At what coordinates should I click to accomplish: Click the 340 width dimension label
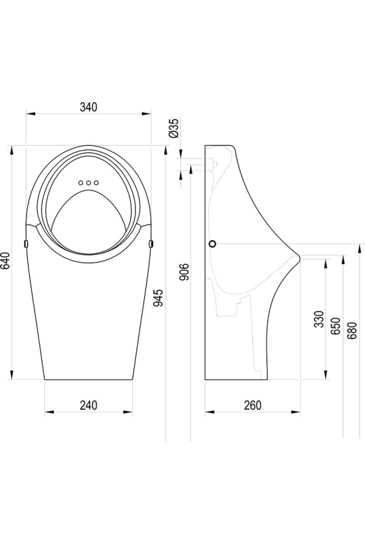pyautogui.click(x=88, y=107)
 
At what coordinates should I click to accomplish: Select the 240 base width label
pyautogui.click(x=88, y=405)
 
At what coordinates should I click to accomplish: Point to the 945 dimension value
pyautogui.click(x=158, y=298)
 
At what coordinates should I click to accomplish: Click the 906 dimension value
pyautogui.click(x=185, y=272)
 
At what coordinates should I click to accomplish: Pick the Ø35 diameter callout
pyautogui.click(x=174, y=129)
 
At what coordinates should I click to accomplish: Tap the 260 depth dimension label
pyautogui.click(x=252, y=405)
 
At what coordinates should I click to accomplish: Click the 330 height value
pyautogui.click(x=319, y=319)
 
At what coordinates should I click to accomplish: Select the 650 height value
pyautogui.click(x=336, y=326)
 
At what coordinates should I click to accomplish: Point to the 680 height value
pyautogui.click(x=352, y=330)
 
